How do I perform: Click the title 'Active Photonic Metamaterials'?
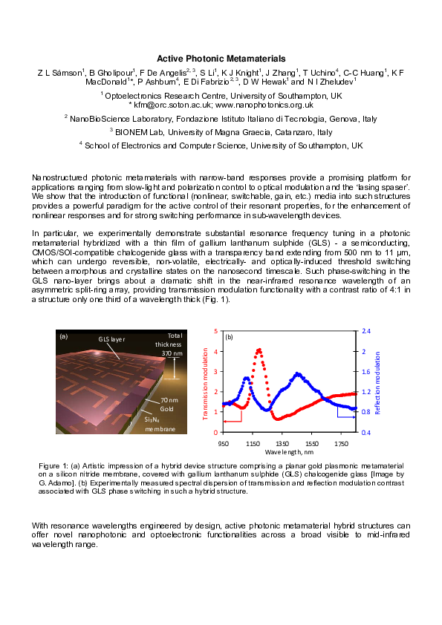pyautogui.click(x=221, y=59)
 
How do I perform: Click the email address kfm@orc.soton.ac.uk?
pyautogui.click(x=176, y=105)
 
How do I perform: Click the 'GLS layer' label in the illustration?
pyautogui.click(x=114, y=339)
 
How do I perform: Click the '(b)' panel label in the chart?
pyautogui.click(x=230, y=337)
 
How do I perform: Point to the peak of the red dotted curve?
pyautogui.click(x=259, y=350)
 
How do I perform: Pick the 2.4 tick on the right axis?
pyautogui.click(x=365, y=331)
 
